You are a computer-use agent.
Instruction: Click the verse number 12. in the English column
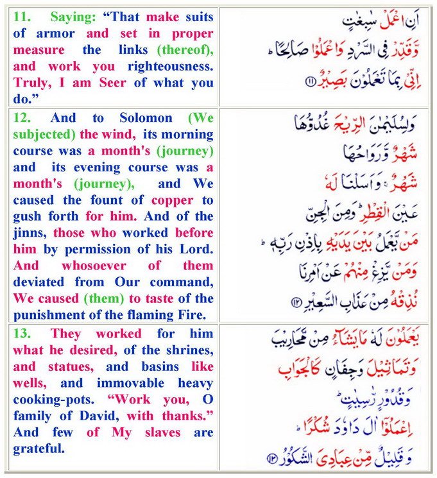pyautogui.click(x=23, y=118)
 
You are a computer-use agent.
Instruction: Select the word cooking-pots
pyautogui.click(x=49, y=400)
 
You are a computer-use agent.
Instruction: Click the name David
pyautogui.click(x=81, y=416)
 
